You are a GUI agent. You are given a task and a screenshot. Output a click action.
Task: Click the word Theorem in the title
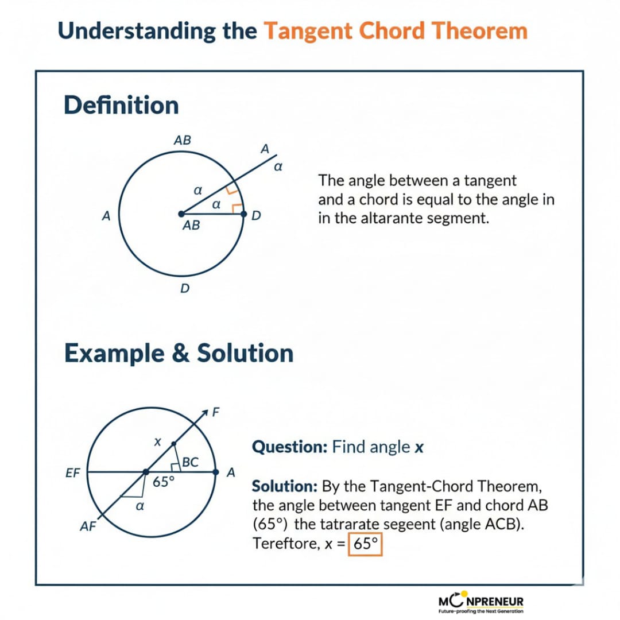pos(479,31)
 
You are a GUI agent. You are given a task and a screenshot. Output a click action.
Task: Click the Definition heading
pos(121,105)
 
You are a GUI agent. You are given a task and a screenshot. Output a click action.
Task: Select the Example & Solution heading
pos(179,352)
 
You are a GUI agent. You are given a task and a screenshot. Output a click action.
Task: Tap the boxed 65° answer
pos(365,544)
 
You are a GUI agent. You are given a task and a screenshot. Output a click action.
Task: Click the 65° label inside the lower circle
pos(163,482)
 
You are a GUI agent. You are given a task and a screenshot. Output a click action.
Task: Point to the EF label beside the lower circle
pos(73,473)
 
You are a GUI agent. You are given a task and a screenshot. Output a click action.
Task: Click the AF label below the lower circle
pos(88,526)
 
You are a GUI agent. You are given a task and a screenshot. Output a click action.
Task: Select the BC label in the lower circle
pos(190,462)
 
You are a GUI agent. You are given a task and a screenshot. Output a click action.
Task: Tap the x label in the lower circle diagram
pos(157,441)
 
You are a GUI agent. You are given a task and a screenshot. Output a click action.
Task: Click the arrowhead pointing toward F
pos(205,413)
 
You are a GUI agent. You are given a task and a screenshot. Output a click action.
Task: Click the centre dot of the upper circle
pos(181,214)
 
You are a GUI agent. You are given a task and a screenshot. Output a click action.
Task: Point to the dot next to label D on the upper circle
pos(243,214)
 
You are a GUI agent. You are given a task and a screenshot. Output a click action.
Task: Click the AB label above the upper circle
pos(183,140)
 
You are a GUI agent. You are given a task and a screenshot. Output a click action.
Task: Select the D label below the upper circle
pos(185,288)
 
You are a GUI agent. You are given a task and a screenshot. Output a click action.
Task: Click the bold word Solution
pos(285,486)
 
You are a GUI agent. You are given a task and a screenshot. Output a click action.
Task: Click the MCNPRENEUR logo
pos(481,602)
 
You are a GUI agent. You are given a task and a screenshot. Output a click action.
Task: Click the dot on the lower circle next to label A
pos(215,472)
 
